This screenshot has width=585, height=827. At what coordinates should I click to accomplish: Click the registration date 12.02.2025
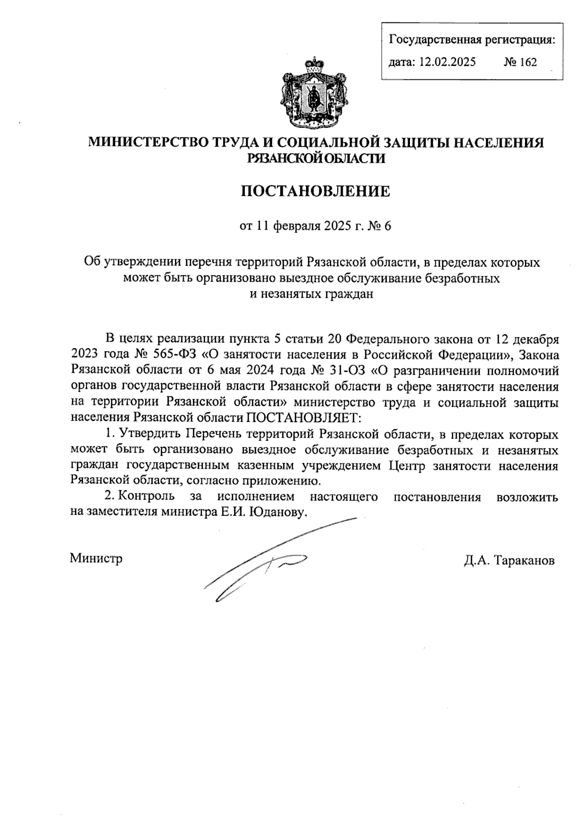pyautogui.click(x=447, y=62)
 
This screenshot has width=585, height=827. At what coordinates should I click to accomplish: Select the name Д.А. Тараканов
pyautogui.click(x=509, y=560)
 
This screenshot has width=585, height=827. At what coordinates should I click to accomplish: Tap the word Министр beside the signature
pyautogui.click(x=96, y=558)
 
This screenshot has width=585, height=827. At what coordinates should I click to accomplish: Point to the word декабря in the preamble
pyautogui.click(x=534, y=337)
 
